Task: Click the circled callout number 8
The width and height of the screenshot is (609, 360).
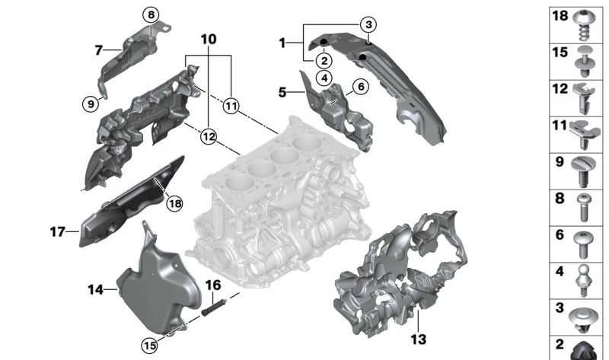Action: coord(151,14)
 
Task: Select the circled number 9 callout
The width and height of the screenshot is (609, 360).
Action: coord(91,104)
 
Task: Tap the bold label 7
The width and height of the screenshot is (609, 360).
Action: coord(98,51)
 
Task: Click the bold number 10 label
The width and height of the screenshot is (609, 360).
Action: coord(209,39)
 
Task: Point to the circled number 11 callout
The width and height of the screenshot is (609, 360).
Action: coord(231,107)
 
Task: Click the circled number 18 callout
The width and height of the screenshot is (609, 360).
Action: coord(175,203)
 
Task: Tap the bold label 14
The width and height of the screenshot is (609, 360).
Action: coord(95,289)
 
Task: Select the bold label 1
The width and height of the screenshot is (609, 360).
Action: coord(282,43)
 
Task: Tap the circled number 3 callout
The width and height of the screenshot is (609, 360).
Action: coord(368,25)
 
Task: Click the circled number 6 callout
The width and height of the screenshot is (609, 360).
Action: coord(361,87)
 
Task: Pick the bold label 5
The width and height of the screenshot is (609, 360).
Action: coord(282,93)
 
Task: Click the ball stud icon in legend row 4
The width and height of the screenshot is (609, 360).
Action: coord(584,277)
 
